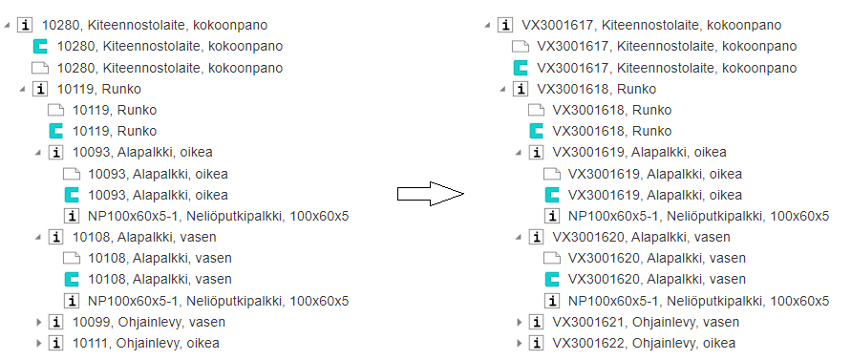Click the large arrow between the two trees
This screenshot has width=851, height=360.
pos(431,194)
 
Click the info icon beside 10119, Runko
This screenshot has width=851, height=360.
pos(39,89)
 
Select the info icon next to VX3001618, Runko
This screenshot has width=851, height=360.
pos(520,89)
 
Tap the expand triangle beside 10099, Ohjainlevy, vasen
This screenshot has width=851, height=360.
pos(38,322)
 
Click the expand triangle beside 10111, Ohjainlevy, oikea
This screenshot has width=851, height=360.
pos(38,343)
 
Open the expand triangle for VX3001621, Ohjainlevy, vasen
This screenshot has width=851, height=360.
pos(520,322)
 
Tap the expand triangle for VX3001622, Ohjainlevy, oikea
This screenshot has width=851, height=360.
pos(520,343)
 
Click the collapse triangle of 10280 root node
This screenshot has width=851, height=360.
pos(7,25)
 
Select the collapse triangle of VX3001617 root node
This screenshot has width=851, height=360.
pos(488,25)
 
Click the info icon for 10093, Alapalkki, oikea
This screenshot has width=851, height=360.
pos(54,152)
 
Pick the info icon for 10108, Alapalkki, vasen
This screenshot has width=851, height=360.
pos(54,237)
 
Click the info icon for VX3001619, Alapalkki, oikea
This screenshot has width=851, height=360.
pos(536,152)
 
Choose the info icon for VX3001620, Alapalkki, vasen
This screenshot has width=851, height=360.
pos(536,237)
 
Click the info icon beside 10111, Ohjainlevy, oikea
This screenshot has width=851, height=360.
pos(54,343)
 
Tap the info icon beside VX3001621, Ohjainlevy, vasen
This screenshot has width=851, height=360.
pos(536,322)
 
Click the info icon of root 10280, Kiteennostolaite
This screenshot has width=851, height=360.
pos(25,25)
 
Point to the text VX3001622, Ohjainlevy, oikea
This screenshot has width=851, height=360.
pos(644,343)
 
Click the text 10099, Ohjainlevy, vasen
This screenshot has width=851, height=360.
pos(149,322)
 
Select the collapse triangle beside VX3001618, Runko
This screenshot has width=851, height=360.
pos(503,89)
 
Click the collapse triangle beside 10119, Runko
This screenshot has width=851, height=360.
pos(23,89)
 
